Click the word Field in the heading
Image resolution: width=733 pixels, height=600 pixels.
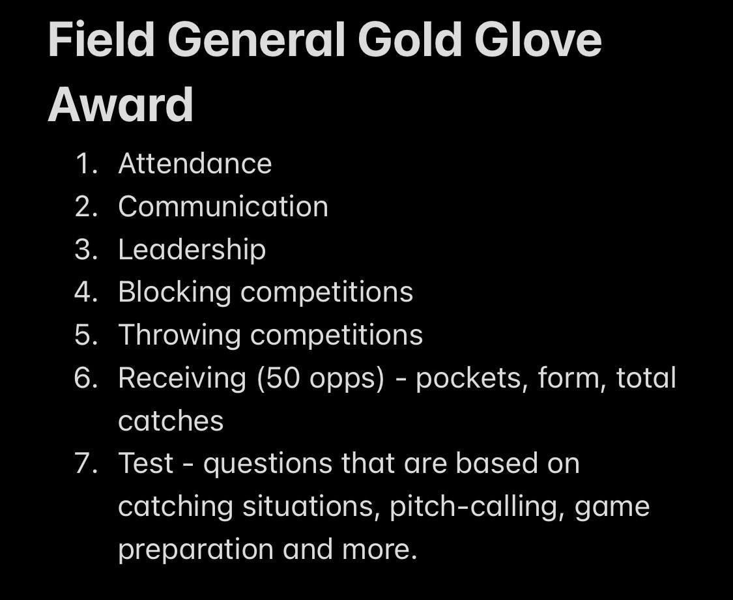point(100,40)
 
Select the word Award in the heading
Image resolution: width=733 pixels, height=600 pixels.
point(121,104)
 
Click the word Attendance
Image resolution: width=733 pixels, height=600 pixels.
point(195,164)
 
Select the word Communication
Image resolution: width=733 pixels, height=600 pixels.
point(223,207)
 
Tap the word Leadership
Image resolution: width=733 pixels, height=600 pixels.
point(192,250)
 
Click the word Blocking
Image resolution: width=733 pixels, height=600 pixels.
point(174,293)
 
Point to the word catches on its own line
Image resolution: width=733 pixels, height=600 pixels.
point(171,421)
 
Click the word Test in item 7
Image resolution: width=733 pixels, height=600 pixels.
point(145,464)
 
